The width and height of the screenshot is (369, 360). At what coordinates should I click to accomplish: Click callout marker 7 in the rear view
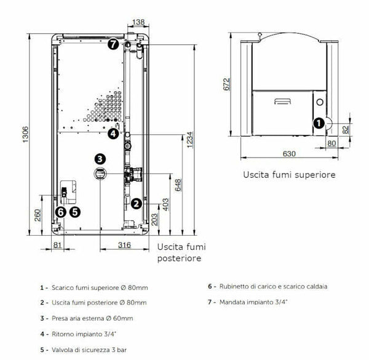coord(113,44)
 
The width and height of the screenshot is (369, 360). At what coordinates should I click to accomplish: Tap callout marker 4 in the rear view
coord(113,133)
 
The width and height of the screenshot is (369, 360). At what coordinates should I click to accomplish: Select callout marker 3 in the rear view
coord(100,159)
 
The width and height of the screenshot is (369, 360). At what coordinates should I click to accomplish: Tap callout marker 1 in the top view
coord(319,123)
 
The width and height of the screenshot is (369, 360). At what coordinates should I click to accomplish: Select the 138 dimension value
coord(139,22)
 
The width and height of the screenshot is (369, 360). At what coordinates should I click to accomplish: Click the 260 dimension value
coord(38,215)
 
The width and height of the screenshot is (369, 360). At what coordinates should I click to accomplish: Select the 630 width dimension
coord(289,153)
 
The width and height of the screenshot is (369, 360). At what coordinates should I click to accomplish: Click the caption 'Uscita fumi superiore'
coord(289,175)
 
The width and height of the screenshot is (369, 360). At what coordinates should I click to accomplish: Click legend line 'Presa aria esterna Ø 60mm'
coord(92,318)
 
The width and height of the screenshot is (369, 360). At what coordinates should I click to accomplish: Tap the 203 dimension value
coord(154,220)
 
